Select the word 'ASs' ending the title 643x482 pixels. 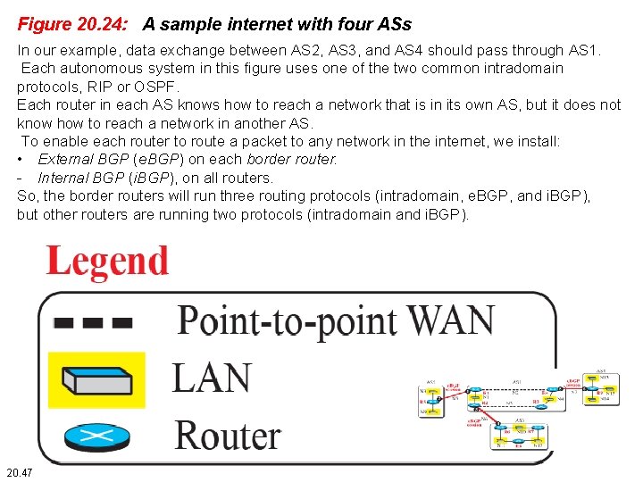(x=394, y=22)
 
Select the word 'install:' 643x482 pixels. (x=535, y=141)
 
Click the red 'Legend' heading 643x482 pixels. (x=107, y=262)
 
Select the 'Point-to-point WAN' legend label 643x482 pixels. (x=335, y=320)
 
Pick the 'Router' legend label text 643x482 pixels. (x=228, y=436)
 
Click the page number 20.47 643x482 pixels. (x=19, y=471)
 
